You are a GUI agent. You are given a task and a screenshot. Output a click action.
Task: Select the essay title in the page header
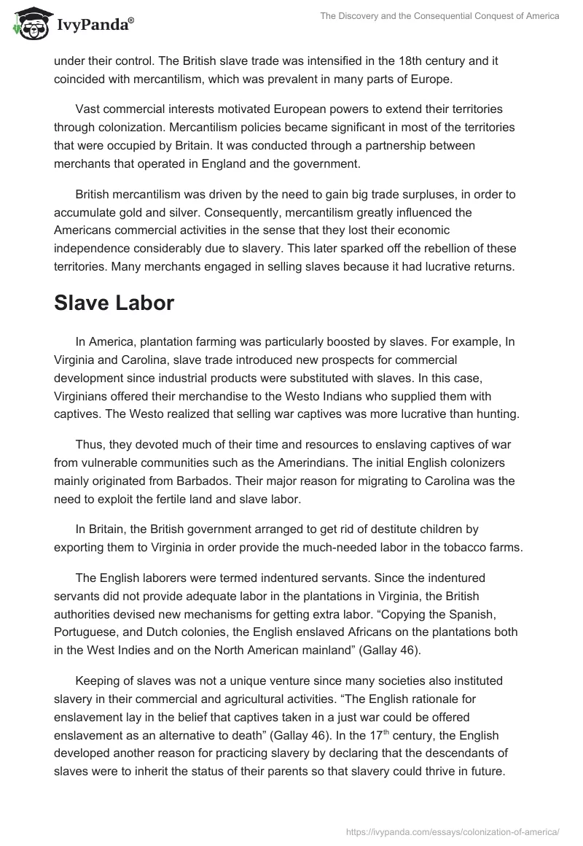pos(439,16)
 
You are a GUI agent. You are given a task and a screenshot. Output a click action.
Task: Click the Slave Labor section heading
pos(114,303)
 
